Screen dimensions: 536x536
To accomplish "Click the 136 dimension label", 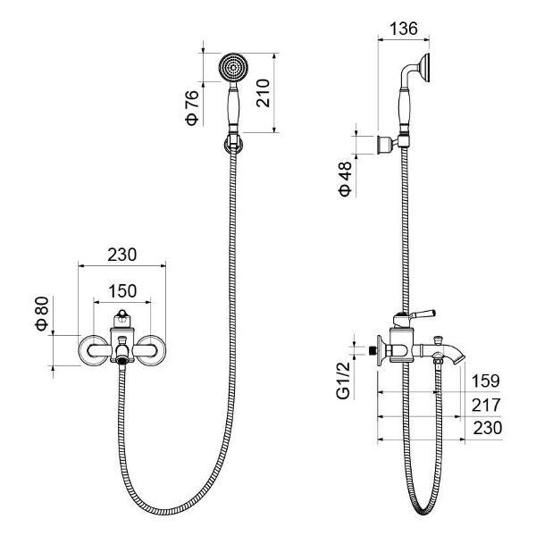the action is [404, 29].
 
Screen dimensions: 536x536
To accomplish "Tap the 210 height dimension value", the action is [263, 93].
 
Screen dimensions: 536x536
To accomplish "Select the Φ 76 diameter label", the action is [192, 108].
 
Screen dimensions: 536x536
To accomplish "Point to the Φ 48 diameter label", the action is [345, 180].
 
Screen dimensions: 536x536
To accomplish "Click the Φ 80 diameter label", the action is [42, 314].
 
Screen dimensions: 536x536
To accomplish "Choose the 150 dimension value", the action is [122, 291].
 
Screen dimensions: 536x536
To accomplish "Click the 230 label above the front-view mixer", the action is [122, 255].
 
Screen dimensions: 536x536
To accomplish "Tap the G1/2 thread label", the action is [344, 381].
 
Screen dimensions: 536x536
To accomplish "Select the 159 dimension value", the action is [485, 381].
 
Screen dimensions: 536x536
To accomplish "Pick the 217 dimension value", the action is [486, 405].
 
